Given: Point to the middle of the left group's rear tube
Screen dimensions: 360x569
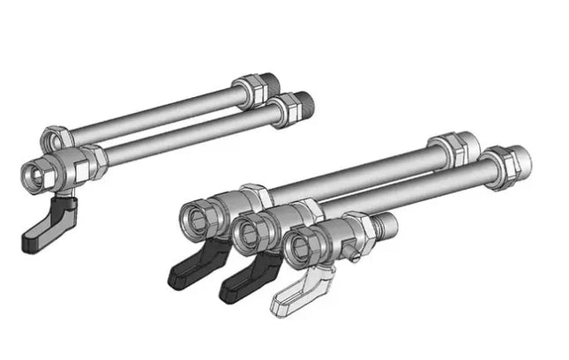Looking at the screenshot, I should click(x=150, y=112).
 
